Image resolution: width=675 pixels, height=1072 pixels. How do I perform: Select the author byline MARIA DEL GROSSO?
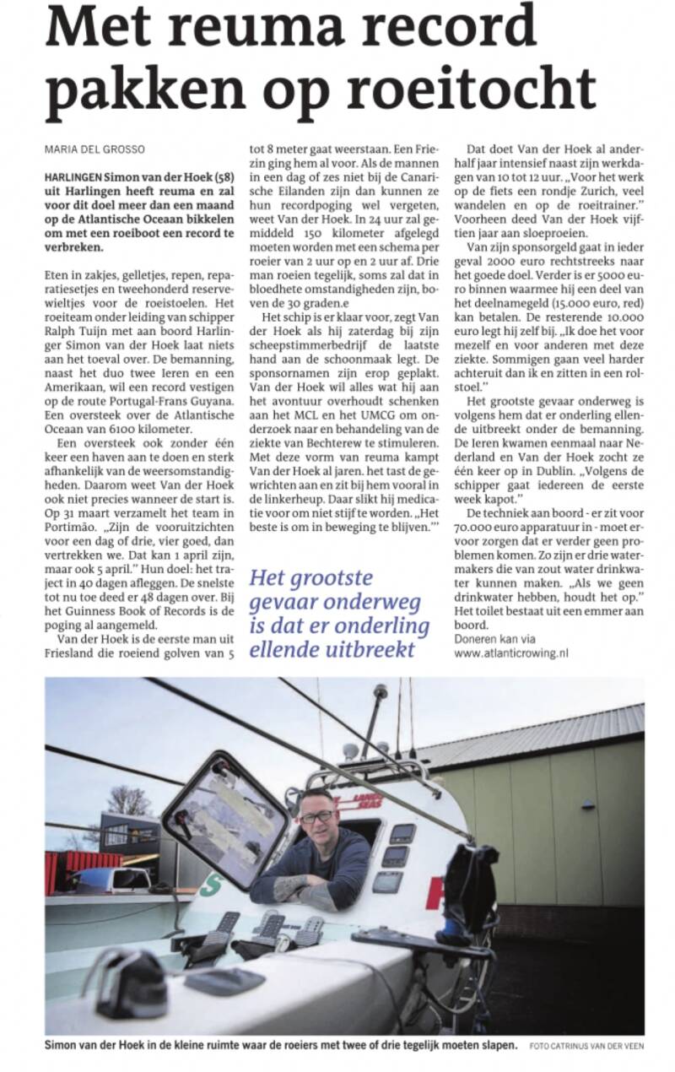tap(95, 149)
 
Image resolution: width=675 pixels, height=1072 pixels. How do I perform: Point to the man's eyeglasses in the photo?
tap(317, 815)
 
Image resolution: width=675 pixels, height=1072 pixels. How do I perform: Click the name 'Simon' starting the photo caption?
tap(64, 1046)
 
